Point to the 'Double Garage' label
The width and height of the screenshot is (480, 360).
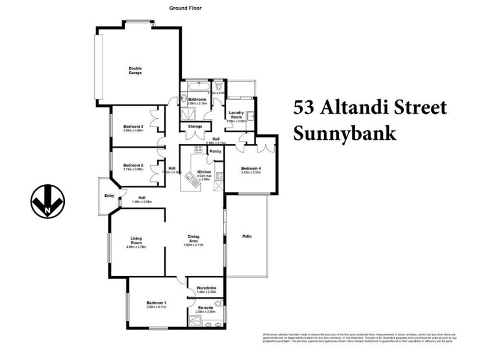(x=135, y=71)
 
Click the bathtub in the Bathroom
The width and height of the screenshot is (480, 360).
(x=196, y=86)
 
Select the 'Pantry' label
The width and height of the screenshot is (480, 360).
(x=215, y=151)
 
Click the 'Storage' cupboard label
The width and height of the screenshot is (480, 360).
(x=195, y=127)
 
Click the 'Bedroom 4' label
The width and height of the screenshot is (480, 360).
(x=250, y=168)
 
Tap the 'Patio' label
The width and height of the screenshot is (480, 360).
(x=247, y=236)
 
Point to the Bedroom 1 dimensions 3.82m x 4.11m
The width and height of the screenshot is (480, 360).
(x=156, y=307)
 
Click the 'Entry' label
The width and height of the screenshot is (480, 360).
(x=109, y=196)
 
